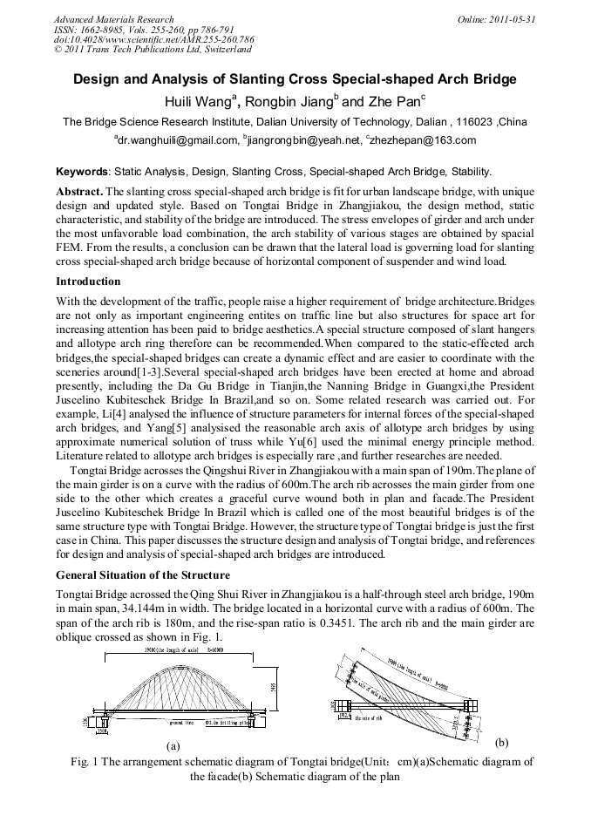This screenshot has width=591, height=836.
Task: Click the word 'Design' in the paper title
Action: [99, 79]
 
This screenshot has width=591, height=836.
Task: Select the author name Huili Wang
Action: [196, 101]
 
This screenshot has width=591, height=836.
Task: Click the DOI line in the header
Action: [153, 39]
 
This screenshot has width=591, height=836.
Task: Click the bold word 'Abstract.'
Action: [79, 190]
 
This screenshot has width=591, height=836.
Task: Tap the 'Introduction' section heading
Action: [88, 282]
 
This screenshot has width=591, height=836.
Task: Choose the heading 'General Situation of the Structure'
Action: [143, 575]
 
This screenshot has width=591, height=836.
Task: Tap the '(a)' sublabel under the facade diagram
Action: [173, 746]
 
